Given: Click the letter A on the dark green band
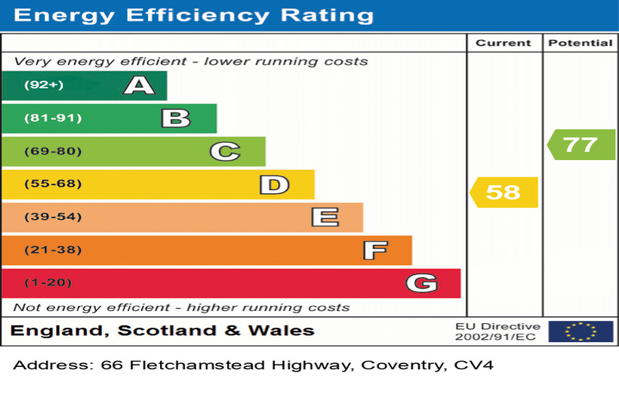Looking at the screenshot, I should (139, 85).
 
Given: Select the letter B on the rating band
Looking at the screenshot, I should (175, 119).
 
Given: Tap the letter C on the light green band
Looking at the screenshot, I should (224, 152).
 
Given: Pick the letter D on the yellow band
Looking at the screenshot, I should (274, 184).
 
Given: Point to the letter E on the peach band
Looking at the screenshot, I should (325, 217).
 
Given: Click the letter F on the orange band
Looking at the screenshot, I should (374, 250).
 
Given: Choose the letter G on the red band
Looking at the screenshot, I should (421, 283).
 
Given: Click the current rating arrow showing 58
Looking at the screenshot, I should (504, 192).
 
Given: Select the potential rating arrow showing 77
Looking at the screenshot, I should (581, 144).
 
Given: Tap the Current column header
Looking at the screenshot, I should (504, 43).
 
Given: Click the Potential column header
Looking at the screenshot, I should (580, 43).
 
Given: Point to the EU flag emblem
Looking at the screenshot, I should (581, 331).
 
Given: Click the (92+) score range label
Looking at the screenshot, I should (44, 85).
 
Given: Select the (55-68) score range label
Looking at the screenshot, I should (53, 184).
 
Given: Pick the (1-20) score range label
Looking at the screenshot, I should (48, 283).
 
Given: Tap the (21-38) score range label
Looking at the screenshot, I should (53, 250).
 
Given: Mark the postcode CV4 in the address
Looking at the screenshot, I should (473, 365).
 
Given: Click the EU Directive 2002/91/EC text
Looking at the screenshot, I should (497, 331).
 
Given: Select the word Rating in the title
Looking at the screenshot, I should (326, 15).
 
